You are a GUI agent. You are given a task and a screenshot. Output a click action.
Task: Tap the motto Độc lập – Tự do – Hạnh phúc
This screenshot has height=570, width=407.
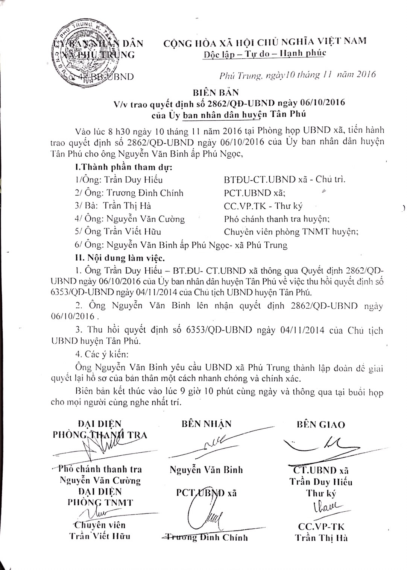tap(264, 53)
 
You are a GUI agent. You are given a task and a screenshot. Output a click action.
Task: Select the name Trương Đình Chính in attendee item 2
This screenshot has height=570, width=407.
tap(145, 193)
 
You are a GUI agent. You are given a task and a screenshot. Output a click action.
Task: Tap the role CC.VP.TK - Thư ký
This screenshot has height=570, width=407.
tap(263, 206)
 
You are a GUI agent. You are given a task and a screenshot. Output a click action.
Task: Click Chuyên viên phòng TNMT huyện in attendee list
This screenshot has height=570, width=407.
tap(291, 232)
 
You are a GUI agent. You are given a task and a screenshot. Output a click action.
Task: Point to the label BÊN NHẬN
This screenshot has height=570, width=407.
tap(206, 424)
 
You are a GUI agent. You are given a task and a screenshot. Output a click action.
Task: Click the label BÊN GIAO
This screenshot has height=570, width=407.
tap(320, 424)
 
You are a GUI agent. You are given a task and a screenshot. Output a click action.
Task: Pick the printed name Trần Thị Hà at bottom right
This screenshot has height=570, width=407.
tap(321, 538)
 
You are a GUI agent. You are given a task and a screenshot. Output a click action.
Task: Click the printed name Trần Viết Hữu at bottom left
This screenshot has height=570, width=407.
tap(100, 536)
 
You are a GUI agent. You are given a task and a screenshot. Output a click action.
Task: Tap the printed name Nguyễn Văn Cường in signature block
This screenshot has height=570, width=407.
tap(100, 480)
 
